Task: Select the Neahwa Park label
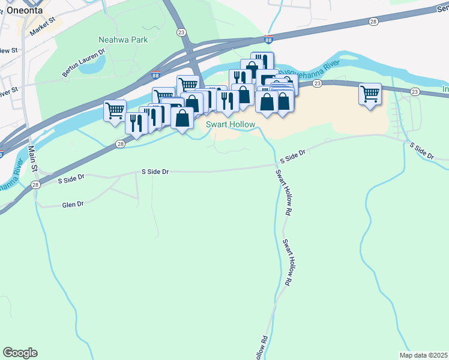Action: click(116, 40)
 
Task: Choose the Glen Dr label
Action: click(72, 205)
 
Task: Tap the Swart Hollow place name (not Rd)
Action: click(231, 125)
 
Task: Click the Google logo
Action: click(20, 353)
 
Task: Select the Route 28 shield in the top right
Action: click(374, 22)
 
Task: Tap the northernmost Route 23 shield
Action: click(180, 32)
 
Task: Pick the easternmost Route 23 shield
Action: click(415, 91)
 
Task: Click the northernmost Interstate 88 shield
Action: click(268, 40)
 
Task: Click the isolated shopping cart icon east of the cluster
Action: click(370, 94)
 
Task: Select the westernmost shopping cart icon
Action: click(114, 110)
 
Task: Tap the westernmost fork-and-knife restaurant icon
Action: click(136, 123)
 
